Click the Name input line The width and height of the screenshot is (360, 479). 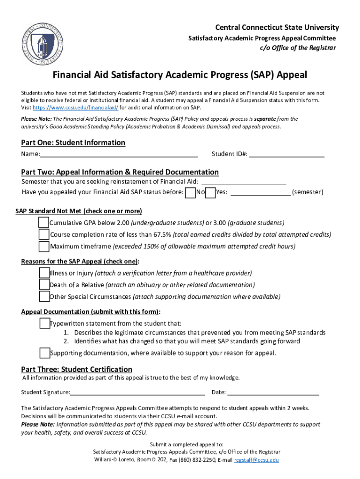(x=119, y=155)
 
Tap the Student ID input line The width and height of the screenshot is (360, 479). (x=286, y=155)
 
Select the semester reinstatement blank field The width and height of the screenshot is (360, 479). (x=243, y=182)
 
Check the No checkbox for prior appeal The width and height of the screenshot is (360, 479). (x=190, y=193)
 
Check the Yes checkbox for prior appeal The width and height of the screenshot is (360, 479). (x=210, y=193)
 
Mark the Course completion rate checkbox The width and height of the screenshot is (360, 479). (x=43, y=234)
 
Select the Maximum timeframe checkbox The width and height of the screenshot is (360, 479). (x=43, y=247)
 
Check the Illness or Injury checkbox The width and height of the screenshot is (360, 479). (x=44, y=273)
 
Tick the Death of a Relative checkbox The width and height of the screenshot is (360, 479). (x=44, y=284)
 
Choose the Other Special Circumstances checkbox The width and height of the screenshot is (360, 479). (x=44, y=297)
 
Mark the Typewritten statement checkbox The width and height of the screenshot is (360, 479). (x=44, y=323)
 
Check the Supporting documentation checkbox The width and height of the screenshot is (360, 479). (x=44, y=353)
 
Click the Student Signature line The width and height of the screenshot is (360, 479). (x=137, y=393)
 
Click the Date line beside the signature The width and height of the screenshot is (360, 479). (x=273, y=393)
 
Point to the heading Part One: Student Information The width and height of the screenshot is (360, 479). (x=73, y=143)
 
